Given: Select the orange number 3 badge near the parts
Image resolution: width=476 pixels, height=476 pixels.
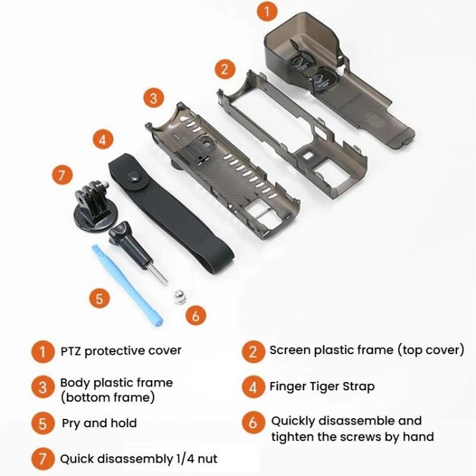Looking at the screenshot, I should (x=153, y=98).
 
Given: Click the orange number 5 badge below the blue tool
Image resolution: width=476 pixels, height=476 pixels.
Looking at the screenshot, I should (x=99, y=298).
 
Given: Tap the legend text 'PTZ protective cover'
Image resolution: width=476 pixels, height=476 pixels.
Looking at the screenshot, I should (x=121, y=350).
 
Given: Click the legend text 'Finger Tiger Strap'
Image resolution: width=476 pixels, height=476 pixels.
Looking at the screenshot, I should (x=322, y=386).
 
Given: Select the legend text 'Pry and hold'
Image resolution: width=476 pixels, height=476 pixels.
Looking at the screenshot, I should (x=99, y=423).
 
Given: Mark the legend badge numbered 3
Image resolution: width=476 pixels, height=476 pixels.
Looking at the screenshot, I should (x=43, y=388).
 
